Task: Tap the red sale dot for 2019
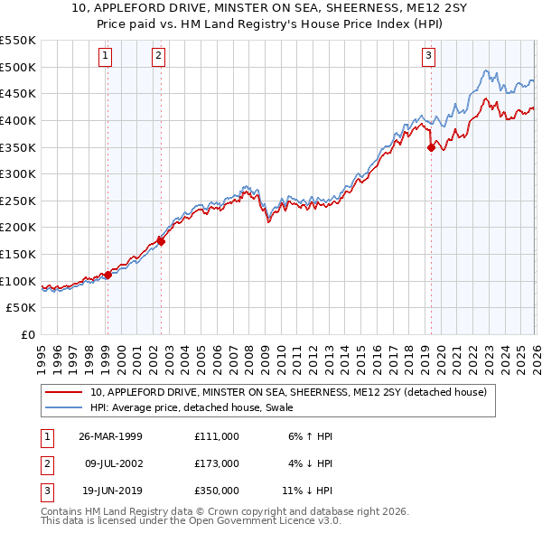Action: click(431, 148)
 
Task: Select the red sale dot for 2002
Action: click(161, 241)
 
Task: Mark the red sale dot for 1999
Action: click(107, 275)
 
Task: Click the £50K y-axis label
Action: click(22, 308)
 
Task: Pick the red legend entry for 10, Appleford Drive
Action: click(288, 392)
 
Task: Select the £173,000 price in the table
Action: click(216, 463)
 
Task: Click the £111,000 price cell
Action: click(216, 435)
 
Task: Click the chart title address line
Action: click(271, 8)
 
